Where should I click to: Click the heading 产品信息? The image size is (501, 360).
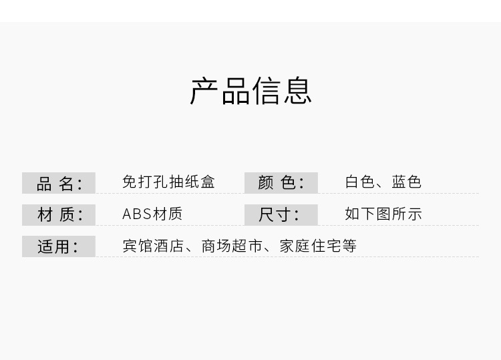pyautogui.click(x=251, y=91)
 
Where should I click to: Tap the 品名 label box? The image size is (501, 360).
pyautogui.click(x=59, y=182)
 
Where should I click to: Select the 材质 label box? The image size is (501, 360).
pyautogui.click(x=59, y=214)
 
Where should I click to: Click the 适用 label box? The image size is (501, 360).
pyautogui.click(x=59, y=246)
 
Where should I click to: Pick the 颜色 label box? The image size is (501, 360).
pyautogui.click(x=281, y=182)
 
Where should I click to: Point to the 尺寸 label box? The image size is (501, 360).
pyautogui.click(x=281, y=214)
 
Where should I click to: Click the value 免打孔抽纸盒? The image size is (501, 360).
pyautogui.click(x=168, y=182)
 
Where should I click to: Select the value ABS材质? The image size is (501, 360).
pyautogui.click(x=152, y=214)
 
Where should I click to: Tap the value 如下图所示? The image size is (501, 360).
pyautogui.click(x=383, y=214)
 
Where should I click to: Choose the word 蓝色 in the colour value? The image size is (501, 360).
pyautogui.click(x=407, y=182)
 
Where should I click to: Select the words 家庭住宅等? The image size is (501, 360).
pyautogui.click(x=318, y=246)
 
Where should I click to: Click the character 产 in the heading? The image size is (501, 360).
pyautogui.click(x=205, y=91)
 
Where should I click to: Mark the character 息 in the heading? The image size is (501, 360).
pyautogui.click(x=297, y=91)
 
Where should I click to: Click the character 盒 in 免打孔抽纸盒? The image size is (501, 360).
pyautogui.click(x=208, y=182)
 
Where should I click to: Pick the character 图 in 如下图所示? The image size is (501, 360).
pyautogui.click(x=383, y=214)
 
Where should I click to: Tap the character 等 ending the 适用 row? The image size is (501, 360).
pyautogui.click(x=349, y=246)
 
